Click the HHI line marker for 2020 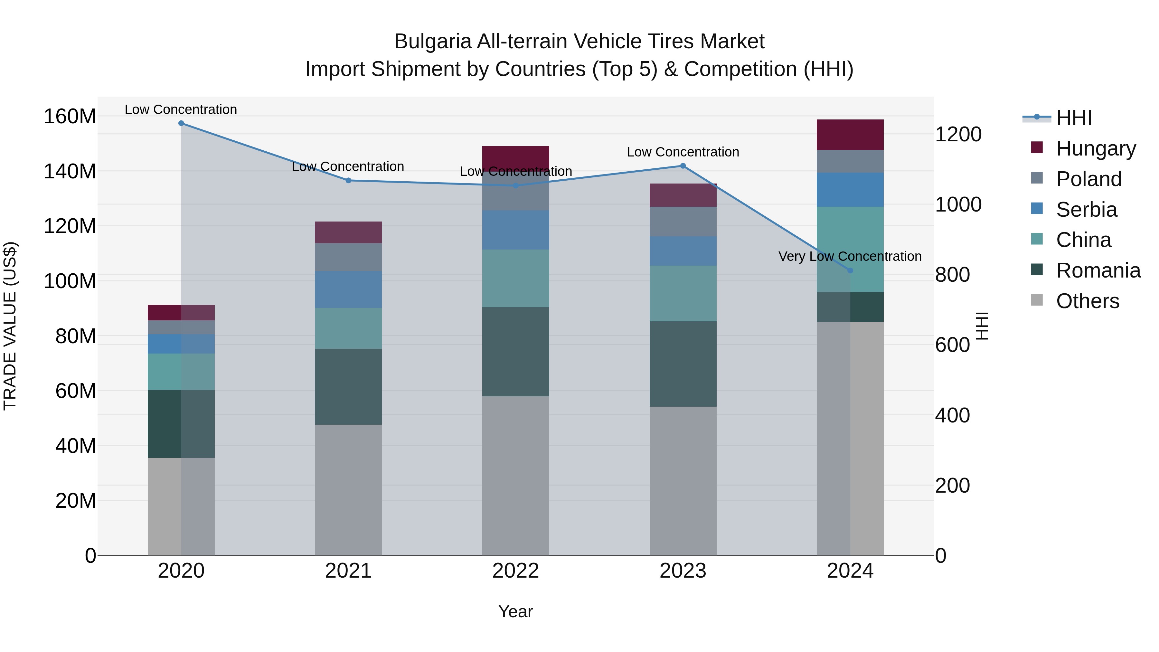coord(181,123)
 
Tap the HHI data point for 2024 coord(850,270)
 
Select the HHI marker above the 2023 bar coord(683,165)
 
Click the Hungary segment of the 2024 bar coord(850,135)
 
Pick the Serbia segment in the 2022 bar coord(516,230)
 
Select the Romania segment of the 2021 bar coord(348,386)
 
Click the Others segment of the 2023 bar coord(683,481)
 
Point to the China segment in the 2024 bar coord(850,249)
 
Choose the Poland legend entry coord(1088,179)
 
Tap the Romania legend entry coord(1098,270)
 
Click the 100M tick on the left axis coord(70,281)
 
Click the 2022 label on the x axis coord(516,571)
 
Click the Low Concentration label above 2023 coord(683,152)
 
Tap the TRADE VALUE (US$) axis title coord(10,326)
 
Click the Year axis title coord(516,611)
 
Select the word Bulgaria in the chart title coord(432,42)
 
